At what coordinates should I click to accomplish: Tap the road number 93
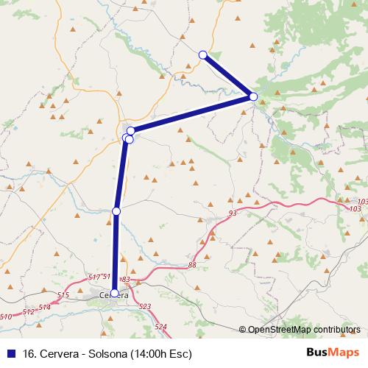(x=233, y=213)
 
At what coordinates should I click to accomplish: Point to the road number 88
(x=193, y=265)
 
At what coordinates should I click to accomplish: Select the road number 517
(x=93, y=277)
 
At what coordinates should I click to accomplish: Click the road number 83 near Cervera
(x=125, y=280)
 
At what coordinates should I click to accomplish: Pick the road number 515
(x=63, y=295)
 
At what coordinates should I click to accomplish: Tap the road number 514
(x=45, y=307)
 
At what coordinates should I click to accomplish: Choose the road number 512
(x=29, y=311)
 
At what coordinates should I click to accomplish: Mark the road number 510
(x=6, y=316)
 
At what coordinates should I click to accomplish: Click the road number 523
(x=144, y=306)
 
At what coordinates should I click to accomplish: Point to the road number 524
(x=161, y=326)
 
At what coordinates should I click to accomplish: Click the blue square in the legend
(x=10, y=353)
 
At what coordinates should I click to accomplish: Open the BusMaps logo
(x=336, y=353)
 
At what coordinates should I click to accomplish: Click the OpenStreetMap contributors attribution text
(x=304, y=330)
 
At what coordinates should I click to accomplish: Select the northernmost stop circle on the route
(x=203, y=54)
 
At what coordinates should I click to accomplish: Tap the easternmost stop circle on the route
(x=253, y=96)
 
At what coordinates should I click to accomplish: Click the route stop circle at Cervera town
(x=114, y=293)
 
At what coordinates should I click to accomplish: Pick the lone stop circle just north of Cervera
(x=116, y=211)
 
